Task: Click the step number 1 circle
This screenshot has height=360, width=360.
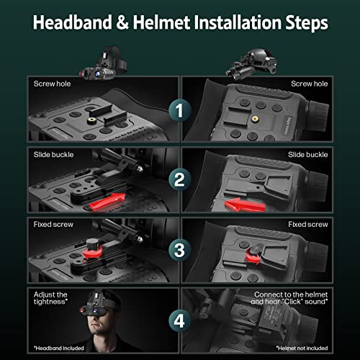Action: click(x=179, y=111)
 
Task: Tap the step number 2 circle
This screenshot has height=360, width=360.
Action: click(x=179, y=180)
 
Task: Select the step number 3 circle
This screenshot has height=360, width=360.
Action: click(x=179, y=249)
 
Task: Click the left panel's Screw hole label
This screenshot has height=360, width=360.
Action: click(x=53, y=84)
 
